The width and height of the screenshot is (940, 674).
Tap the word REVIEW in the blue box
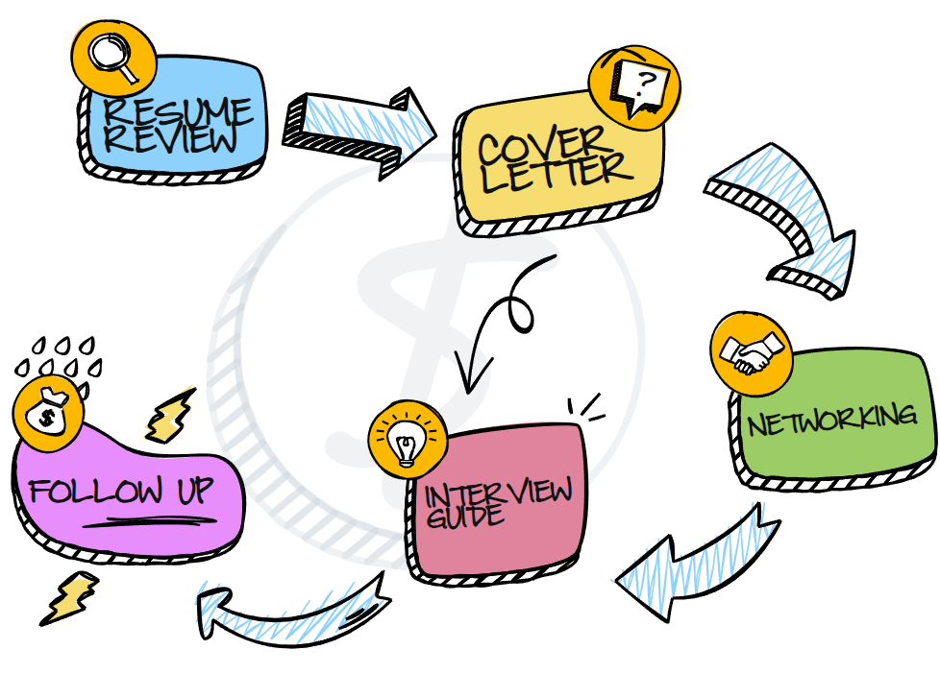pyautogui.click(x=172, y=140)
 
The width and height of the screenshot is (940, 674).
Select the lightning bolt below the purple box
pyautogui.click(x=68, y=596)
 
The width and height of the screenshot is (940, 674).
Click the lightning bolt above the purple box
pyautogui.click(x=169, y=416)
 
